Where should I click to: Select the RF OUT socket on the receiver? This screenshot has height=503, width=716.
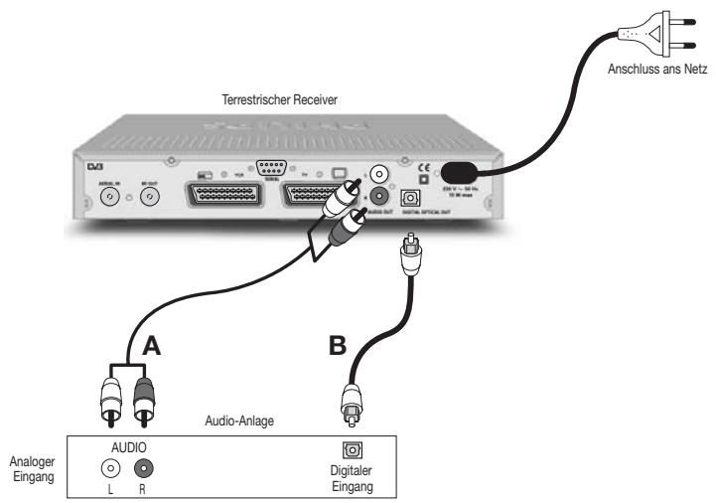(x=148, y=197)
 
